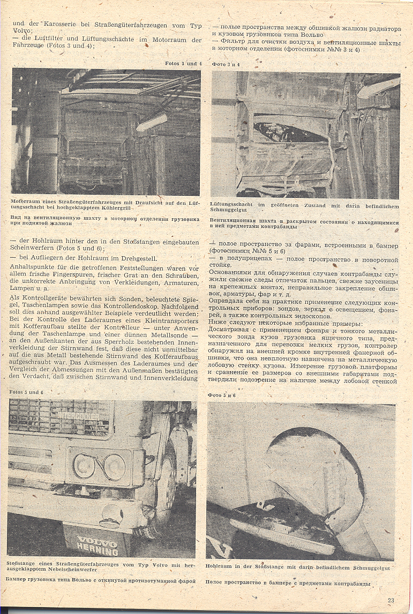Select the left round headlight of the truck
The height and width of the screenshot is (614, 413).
pos(84,466)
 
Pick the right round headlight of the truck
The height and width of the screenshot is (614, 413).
pos(114,467)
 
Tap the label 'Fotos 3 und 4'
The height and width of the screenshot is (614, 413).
pos(183,64)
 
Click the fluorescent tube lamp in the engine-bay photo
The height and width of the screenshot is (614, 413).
pos(151,123)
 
